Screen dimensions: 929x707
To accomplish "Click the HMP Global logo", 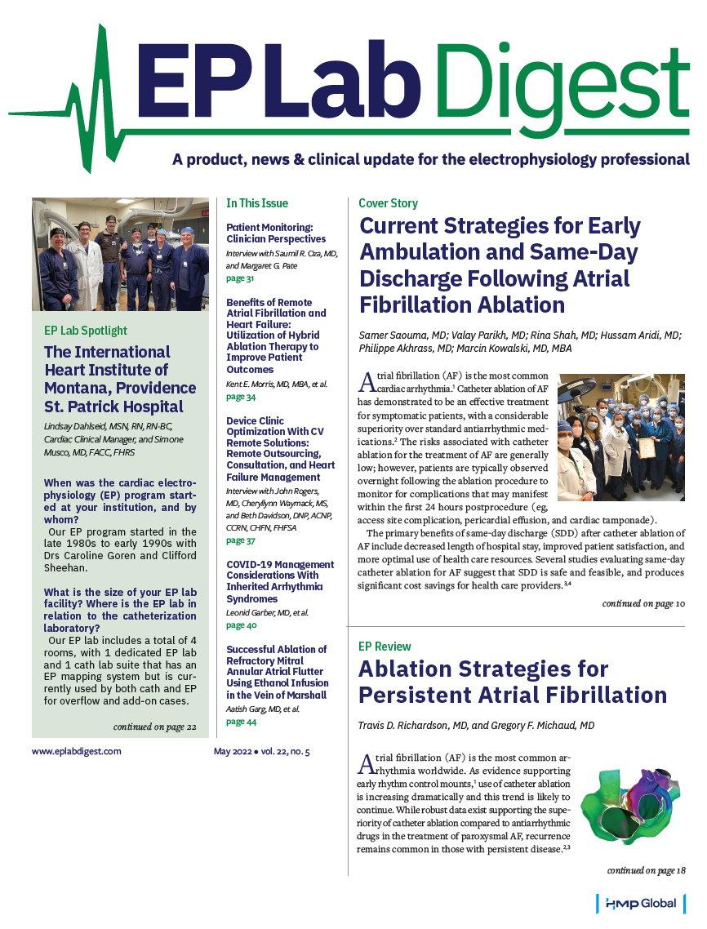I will click(642, 905).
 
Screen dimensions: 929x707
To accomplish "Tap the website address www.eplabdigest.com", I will click(77, 751).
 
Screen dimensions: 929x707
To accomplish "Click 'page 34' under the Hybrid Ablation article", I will click(240, 398).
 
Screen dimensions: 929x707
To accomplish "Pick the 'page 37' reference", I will click(240, 540).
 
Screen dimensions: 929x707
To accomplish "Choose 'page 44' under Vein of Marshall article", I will click(240, 722).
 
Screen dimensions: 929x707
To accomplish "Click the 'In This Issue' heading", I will click(257, 203).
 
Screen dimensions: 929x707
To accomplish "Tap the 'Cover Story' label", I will click(388, 203).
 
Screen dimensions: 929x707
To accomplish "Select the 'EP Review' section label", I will click(385, 646).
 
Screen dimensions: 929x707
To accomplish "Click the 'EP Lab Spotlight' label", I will click(85, 331).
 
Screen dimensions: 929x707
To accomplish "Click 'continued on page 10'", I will click(643, 604).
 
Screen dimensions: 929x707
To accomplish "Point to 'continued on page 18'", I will click(646, 870).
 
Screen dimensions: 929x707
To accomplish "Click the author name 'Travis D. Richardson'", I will click(410, 726).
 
